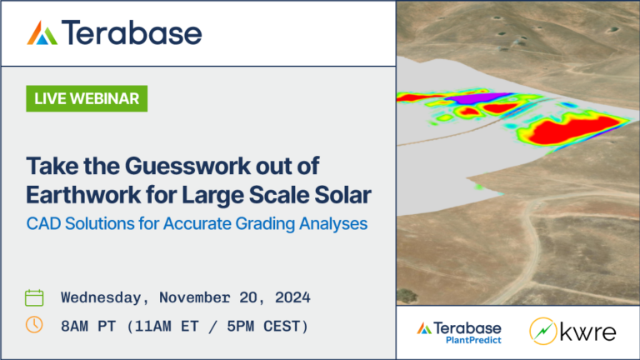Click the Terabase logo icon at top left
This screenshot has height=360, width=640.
[42, 33]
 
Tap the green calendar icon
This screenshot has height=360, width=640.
[34, 297]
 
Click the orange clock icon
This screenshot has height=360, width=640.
[34, 325]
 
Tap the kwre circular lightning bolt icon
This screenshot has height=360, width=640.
[543, 332]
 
